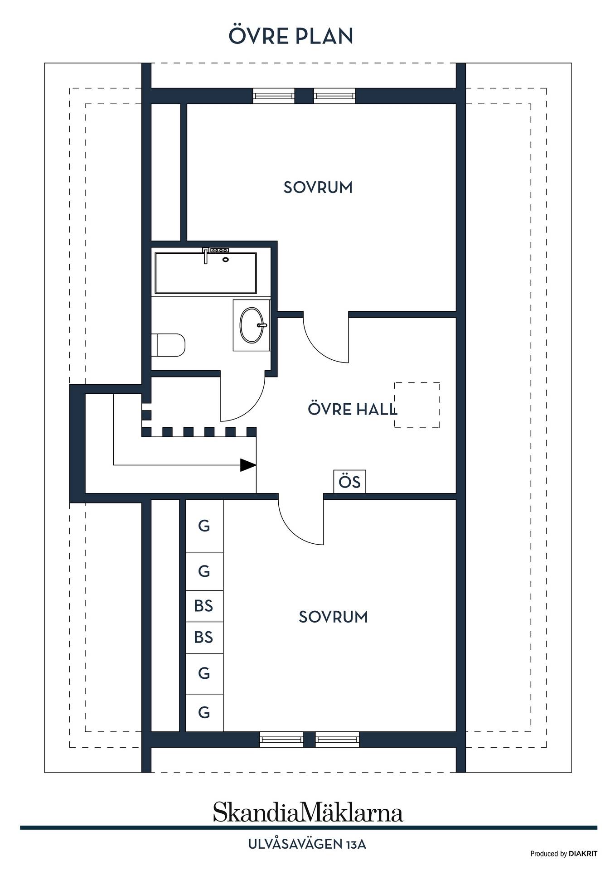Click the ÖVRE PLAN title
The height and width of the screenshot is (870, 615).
pyautogui.click(x=291, y=36)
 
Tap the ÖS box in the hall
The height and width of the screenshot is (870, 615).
pyautogui.click(x=349, y=482)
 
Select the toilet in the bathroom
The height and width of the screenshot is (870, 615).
pyautogui.click(x=168, y=345)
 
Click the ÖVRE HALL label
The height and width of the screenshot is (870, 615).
pyautogui.click(x=352, y=410)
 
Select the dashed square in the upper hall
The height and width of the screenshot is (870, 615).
pyautogui.click(x=417, y=405)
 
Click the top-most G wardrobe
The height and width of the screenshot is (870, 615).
pyautogui.click(x=204, y=526)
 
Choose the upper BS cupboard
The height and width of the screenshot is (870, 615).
pyautogui.click(x=204, y=606)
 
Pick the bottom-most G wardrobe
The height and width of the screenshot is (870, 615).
pyautogui.click(x=204, y=713)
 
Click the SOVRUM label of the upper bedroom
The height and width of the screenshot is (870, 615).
pyautogui.click(x=318, y=188)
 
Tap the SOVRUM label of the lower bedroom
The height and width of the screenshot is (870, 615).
pyautogui.click(x=333, y=617)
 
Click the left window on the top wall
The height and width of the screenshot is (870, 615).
pyautogui.click(x=274, y=96)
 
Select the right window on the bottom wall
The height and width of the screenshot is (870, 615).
pyautogui.click(x=337, y=739)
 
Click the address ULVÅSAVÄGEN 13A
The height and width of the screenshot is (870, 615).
pyautogui.click(x=307, y=844)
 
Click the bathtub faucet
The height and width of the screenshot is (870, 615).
pyautogui.click(x=206, y=255)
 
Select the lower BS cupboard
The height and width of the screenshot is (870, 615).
pyautogui.click(x=204, y=638)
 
